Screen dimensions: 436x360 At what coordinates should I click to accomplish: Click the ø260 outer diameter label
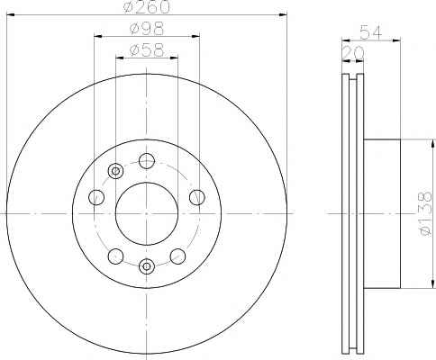point(147,6)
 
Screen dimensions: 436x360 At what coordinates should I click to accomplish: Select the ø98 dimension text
point(147,29)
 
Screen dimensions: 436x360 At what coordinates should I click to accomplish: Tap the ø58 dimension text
point(147,50)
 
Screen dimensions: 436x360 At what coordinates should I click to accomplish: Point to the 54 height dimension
point(371,32)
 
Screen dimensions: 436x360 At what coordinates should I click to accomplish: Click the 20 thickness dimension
point(353,53)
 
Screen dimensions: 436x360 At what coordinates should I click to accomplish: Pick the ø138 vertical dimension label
point(426,213)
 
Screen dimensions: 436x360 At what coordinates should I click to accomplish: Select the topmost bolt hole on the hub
point(147,161)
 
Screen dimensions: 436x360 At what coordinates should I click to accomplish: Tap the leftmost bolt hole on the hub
point(96,197)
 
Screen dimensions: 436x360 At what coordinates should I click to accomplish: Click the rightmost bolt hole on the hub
point(197,197)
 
